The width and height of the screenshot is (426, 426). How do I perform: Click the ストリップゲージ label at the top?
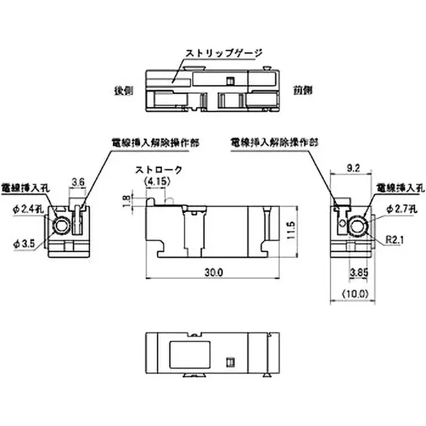click(x=224, y=53)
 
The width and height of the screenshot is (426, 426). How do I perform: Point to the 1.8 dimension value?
click(x=126, y=201)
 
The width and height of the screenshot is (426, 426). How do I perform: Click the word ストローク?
click(x=158, y=170)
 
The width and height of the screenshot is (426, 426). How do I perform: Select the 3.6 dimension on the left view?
click(x=78, y=182)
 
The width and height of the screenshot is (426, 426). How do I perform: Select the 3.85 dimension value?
click(x=358, y=273)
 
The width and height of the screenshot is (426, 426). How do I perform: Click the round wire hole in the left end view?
click(x=61, y=227)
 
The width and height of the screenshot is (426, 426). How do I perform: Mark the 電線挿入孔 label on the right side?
click(x=399, y=187)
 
